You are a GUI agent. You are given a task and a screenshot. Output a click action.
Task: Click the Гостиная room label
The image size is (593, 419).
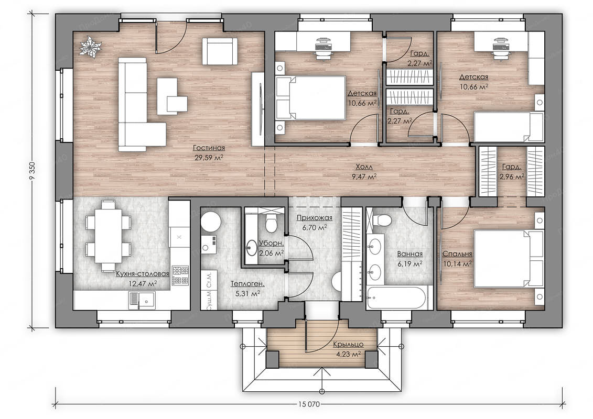pyautogui.click(x=209, y=148)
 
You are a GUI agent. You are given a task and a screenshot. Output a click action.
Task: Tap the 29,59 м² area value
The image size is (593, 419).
pyautogui.click(x=209, y=158)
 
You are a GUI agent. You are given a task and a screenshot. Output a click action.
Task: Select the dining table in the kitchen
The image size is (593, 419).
pyautogui.click(x=108, y=236)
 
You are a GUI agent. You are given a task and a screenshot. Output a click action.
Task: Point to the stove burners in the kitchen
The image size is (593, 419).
pyautogui.click(x=180, y=275)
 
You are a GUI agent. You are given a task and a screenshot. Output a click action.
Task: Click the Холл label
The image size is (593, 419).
pyautogui.click(x=364, y=167)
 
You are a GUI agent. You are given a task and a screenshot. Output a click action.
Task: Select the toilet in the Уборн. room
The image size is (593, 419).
pyautogui.click(x=271, y=223)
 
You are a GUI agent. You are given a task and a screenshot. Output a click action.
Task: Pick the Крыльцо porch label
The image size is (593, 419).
pyautogui.click(x=348, y=345)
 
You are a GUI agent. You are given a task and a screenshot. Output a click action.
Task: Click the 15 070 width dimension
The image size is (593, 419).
pyautogui.click(x=309, y=404)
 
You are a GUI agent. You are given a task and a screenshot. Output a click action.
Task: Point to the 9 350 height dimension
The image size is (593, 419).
pyautogui.click(x=32, y=171)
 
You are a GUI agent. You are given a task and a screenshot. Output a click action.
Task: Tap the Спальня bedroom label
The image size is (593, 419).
pyautogui.click(x=457, y=254)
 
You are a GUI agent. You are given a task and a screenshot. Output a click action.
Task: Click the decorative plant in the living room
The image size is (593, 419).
pyautogui.click(x=91, y=47)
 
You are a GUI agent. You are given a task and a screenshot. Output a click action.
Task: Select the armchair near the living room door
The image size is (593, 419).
pyautogui.click(x=220, y=51)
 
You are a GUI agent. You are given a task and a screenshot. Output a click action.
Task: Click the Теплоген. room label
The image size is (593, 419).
pyautogui.click(x=247, y=284)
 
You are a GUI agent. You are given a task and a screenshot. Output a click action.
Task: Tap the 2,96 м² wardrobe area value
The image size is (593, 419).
pyautogui.click(x=512, y=177)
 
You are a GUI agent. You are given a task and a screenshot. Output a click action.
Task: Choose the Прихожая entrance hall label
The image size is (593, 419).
pyautogui.click(x=314, y=218)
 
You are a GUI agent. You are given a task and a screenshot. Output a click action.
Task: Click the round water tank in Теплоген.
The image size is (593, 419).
pyautogui.click(x=211, y=222)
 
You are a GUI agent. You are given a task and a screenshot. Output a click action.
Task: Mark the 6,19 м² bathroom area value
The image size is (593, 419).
pyautogui.click(x=410, y=264)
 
